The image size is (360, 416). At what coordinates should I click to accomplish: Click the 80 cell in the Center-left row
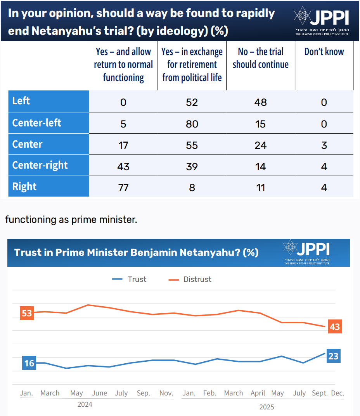(x=192, y=124)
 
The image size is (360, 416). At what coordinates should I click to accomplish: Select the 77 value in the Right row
(x=123, y=188)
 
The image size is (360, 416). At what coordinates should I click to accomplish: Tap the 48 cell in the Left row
(x=260, y=102)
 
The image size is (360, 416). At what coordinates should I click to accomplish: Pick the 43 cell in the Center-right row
(x=123, y=166)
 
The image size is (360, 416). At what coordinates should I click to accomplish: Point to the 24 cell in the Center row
(x=260, y=145)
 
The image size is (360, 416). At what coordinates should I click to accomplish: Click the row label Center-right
(x=40, y=165)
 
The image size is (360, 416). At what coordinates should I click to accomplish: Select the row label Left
(x=21, y=101)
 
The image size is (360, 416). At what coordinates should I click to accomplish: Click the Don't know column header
(x=324, y=52)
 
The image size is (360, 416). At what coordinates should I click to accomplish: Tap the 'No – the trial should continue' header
(x=260, y=58)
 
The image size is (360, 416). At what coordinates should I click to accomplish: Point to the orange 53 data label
(x=27, y=313)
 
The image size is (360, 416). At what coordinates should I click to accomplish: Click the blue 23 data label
(x=333, y=356)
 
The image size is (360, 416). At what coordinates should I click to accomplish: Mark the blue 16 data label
(x=29, y=363)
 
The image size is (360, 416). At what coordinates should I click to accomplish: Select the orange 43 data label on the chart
(x=334, y=326)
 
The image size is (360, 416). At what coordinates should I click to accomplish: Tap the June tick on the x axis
(x=99, y=393)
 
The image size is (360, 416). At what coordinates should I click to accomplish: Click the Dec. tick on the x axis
(x=337, y=393)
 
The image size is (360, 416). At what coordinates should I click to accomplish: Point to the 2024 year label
(x=85, y=404)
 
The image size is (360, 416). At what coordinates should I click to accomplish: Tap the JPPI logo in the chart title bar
(x=306, y=252)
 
